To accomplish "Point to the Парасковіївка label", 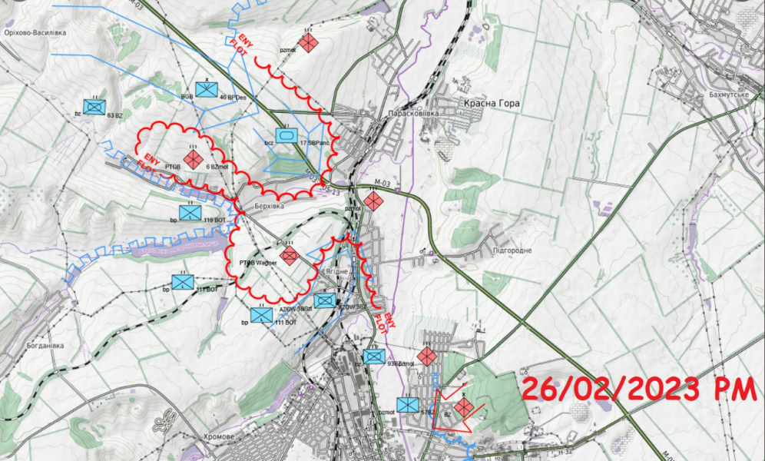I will click(416, 113).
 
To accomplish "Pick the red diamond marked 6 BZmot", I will click(193, 159).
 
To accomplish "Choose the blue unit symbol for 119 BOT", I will click(190, 212).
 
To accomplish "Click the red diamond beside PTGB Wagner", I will click(290, 255).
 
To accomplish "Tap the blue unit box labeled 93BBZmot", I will click(374, 357).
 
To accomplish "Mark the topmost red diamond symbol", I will click(309, 43).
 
